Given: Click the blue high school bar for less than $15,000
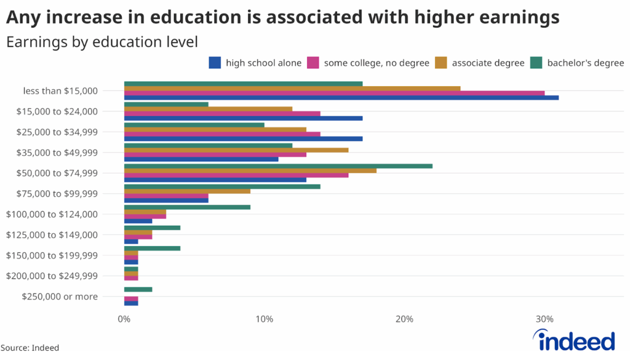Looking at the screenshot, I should coord(341,98).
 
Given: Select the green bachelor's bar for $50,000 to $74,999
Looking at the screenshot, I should coord(278,166).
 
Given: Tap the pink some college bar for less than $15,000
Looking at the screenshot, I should coord(334,93).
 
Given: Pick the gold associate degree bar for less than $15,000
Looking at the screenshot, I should coord(292,88).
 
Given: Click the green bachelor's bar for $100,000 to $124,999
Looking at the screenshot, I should coord(187,207).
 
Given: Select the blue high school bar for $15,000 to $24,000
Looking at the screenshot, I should coord(243,118).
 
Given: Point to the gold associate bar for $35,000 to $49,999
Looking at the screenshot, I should coord(236,150).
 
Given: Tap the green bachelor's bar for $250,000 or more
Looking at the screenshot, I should coord(138,289).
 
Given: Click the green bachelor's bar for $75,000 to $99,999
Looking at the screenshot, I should coord(222,186).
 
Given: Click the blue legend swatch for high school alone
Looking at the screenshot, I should coord(215,62).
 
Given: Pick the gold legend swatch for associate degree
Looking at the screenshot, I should coord(441,62).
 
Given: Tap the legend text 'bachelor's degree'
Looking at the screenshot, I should coord(585,62).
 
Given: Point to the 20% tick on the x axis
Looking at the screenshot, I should coord(404,319).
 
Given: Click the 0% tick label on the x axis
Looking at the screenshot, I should coord(124,319).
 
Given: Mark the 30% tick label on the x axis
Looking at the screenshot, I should coord(544,319).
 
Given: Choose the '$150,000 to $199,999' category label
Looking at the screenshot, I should coord(52,255).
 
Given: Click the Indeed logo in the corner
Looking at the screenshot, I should coord(574,340).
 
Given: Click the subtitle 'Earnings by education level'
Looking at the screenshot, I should coord(102,42).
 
